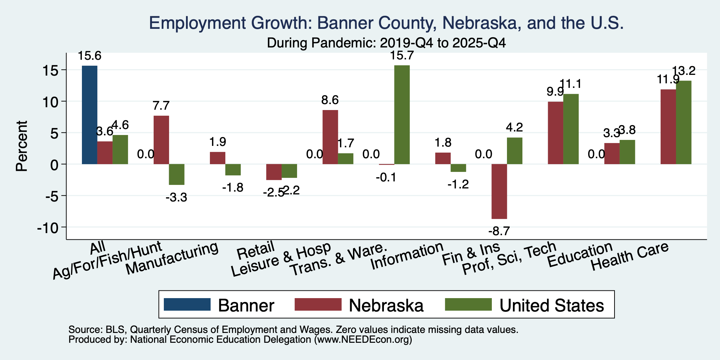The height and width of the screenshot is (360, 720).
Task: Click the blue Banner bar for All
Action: (x=90, y=115)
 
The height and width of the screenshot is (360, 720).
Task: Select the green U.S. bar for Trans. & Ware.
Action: (x=402, y=115)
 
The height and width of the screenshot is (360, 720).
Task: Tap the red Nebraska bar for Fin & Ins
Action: (x=499, y=192)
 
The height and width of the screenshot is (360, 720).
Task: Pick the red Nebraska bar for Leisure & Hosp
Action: (x=330, y=137)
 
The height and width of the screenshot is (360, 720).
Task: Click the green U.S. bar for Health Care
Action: (x=684, y=122)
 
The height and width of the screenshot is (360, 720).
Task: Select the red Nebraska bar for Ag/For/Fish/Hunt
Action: (x=161, y=140)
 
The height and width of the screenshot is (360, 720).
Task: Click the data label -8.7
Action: (x=499, y=231)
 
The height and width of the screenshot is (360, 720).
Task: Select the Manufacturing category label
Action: (x=172, y=259)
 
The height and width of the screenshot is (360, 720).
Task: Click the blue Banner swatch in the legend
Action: (x=187, y=304)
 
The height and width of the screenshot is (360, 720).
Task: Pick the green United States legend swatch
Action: (x=468, y=304)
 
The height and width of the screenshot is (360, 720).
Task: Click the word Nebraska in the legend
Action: (x=386, y=305)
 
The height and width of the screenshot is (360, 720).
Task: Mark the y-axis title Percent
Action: (x=22, y=146)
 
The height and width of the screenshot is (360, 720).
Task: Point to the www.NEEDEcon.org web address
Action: (x=363, y=340)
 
